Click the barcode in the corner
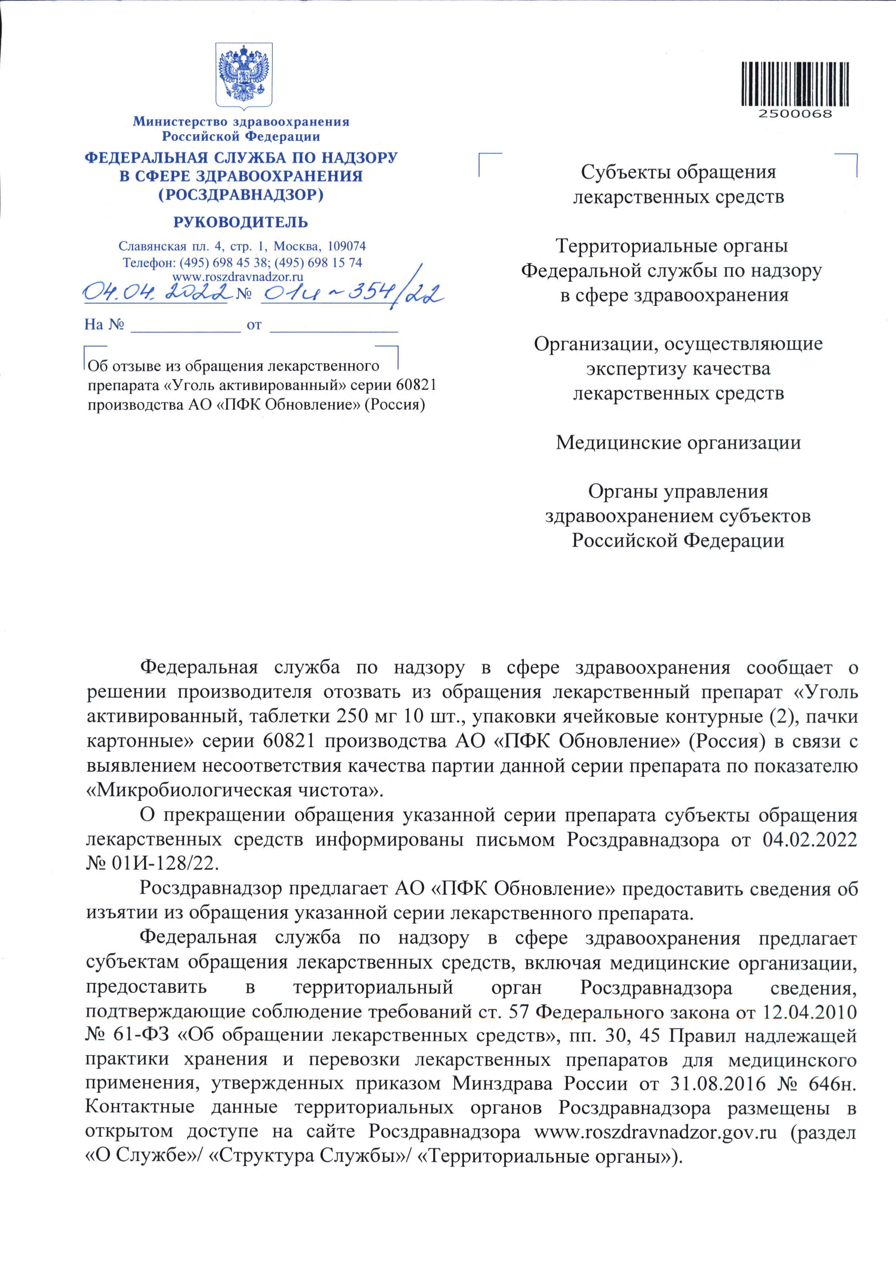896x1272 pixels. click(795, 83)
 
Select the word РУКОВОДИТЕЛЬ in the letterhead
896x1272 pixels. click(241, 223)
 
